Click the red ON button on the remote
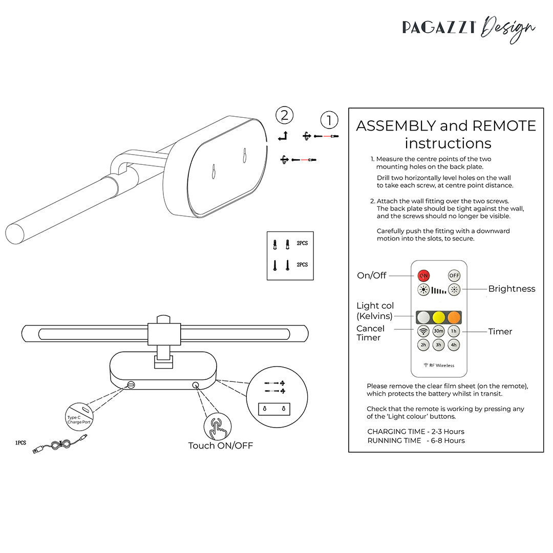[424, 275]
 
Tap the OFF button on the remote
[454, 275]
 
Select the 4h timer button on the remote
[454, 345]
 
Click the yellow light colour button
[439, 317]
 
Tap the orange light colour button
[454, 317]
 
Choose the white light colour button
[423, 317]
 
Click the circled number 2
[285, 115]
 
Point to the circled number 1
[329, 120]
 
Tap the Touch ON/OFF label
[221, 445]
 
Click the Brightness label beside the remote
[512, 289]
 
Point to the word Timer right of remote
[500, 332]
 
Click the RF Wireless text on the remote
[439, 365]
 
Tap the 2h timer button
[423, 345]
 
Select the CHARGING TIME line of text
[416, 432]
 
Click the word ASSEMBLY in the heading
[396, 126]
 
